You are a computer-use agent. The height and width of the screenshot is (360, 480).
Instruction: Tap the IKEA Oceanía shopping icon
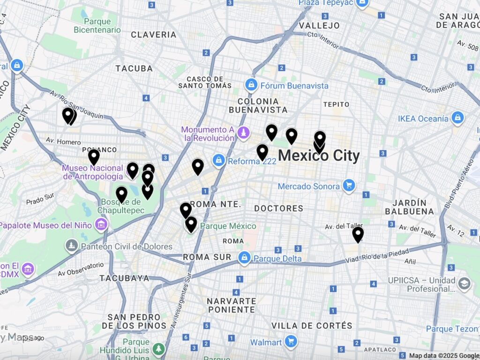click(457, 118)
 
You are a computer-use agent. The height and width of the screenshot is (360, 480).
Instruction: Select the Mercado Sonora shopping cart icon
click(348, 186)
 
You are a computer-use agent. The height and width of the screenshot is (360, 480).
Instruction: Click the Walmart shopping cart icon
click(291, 342)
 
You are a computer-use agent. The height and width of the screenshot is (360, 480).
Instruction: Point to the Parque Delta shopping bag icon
click(244, 258)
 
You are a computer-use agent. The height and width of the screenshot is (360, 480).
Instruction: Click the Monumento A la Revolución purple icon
click(243, 133)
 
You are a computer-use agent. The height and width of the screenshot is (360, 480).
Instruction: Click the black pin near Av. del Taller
click(358, 234)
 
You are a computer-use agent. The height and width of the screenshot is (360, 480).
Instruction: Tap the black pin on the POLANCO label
click(94, 157)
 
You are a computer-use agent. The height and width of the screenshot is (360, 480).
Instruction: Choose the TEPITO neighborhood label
click(336, 104)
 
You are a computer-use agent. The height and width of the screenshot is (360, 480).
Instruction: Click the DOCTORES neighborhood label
click(279, 208)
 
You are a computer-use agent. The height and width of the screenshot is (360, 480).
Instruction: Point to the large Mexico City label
click(319, 156)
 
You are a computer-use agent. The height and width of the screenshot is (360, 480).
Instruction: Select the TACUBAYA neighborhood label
click(124, 278)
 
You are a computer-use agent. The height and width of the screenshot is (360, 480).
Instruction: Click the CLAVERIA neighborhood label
click(154, 35)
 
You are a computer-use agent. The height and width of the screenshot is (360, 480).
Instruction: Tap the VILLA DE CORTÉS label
click(312, 325)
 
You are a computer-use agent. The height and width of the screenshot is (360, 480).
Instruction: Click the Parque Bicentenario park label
click(97, 26)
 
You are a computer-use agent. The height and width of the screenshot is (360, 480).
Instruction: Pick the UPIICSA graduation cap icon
click(464, 284)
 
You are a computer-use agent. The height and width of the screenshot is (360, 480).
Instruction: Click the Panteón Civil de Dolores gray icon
click(72, 246)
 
